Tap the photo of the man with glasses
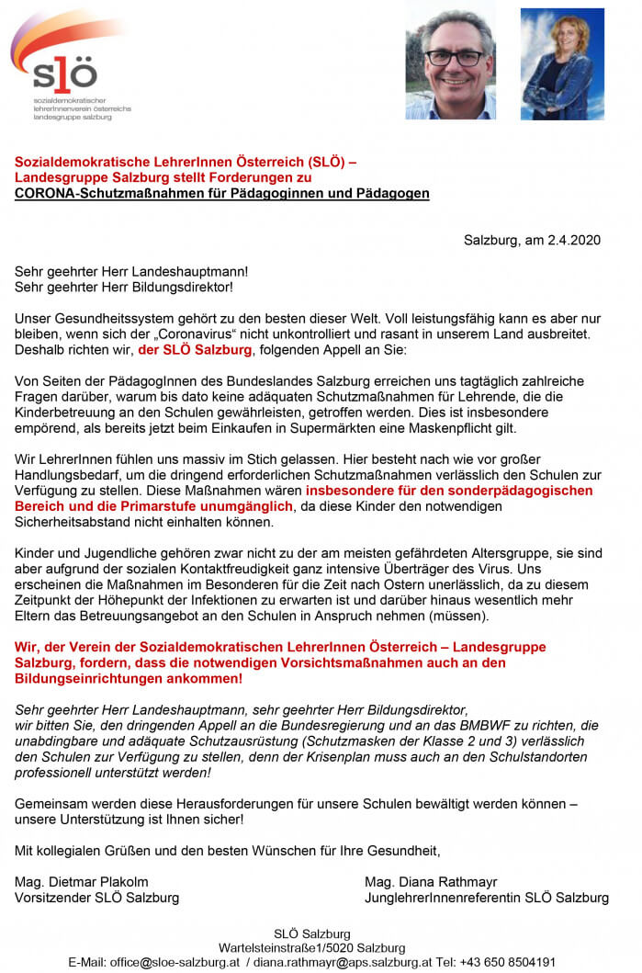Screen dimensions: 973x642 click(x=450, y=63)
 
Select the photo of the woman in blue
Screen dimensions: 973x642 click(x=562, y=64)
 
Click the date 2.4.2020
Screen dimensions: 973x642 click(x=573, y=241)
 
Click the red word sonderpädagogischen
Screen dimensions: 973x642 click(x=519, y=491)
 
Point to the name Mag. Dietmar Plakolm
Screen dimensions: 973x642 click(x=82, y=882)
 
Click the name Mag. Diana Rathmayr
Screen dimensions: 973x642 click(x=432, y=882)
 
